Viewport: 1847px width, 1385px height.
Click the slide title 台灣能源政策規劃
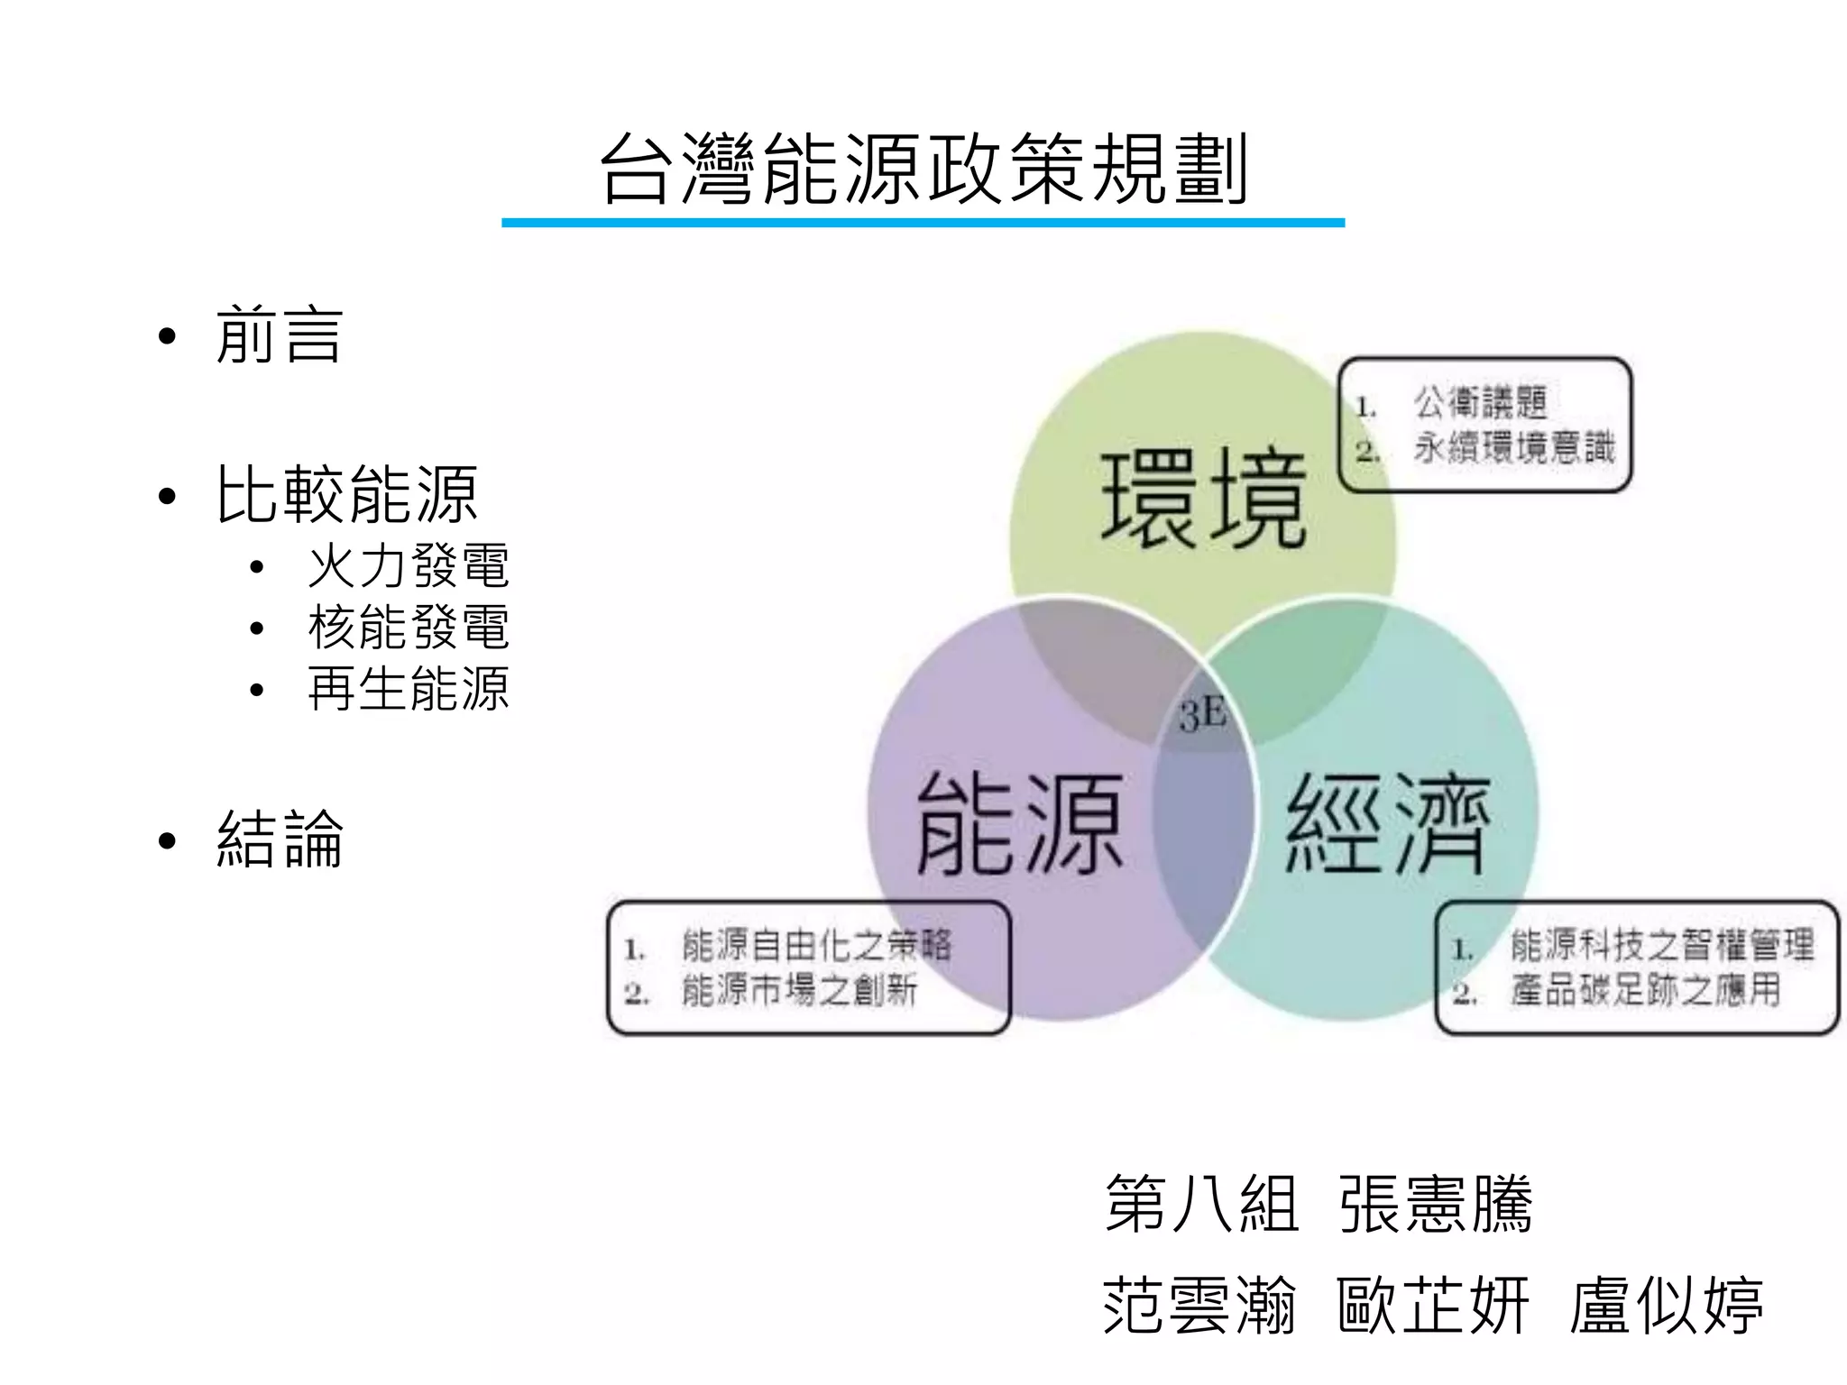pyautogui.click(x=923, y=170)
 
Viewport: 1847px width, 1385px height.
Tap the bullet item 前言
pyautogui.click(x=279, y=335)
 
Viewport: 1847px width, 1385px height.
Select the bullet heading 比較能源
pyautogui.click(x=346, y=495)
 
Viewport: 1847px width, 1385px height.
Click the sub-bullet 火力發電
pyautogui.click(x=408, y=566)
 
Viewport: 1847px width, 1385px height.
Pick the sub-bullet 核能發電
pyautogui.click(x=408, y=628)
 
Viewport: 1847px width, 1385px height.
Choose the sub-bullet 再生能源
pyautogui.click(x=408, y=689)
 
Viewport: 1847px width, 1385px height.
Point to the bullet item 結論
pyautogui.click(x=279, y=839)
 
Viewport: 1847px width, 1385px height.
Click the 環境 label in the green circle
pyautogui.click(x=1203, y=499)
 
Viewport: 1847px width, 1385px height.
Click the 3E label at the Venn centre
pyautogui.click(x=1202, y=716)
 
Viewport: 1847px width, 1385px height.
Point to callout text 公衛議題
pyautogui.click(x=1480, y=403)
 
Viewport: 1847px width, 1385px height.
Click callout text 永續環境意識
pyautogui.click(x=1513, y=448)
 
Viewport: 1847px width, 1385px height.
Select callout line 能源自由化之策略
pyautogui.click(x=816, y=946)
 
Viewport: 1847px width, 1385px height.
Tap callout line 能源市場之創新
pyautogui.click(x=799, y=991)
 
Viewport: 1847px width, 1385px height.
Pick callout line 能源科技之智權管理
pyautogui.click(x=1662, y=946)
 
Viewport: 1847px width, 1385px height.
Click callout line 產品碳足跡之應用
pyautogui.click(x=1645, y=991)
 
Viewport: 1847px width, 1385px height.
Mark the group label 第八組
pyautogui.click(x=1201, y=1204)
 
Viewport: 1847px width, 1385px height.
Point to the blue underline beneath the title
pyautogui.click(x=923, y=222)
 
